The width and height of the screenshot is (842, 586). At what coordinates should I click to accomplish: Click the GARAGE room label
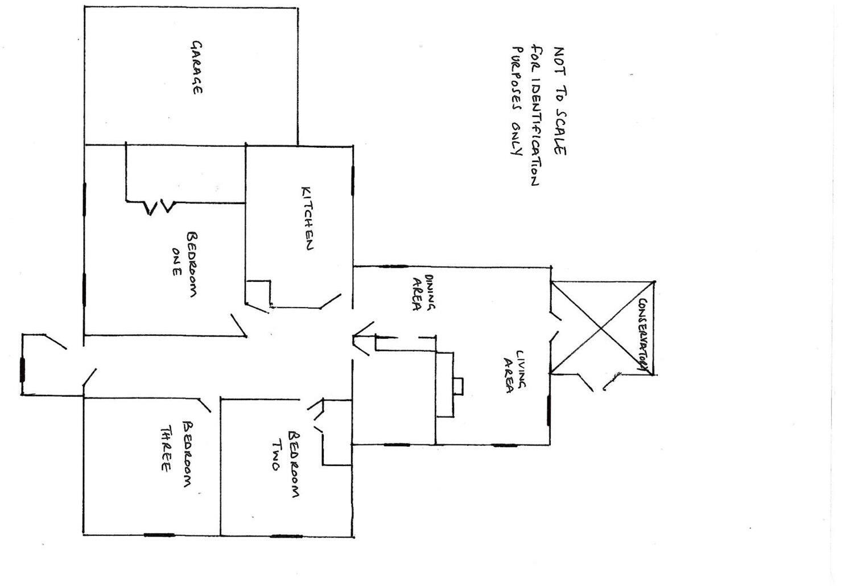[x=197, y=68]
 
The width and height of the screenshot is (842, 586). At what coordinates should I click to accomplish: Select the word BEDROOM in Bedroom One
[x=192, y=264]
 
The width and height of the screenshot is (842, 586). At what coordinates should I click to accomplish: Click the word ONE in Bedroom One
[x=177, y=261]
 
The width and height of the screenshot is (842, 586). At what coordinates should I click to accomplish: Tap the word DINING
[x=430, y=292]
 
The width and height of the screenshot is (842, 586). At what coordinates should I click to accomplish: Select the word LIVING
[x=521, y=369]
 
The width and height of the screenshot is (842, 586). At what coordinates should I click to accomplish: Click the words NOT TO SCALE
[x=560, y=101]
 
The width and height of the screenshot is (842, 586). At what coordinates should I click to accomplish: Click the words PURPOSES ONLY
[x=517, y=101]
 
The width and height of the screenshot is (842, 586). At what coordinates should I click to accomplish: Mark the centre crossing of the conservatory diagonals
[x=601, y=329]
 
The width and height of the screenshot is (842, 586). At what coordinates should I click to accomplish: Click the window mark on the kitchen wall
[x=353, y=181]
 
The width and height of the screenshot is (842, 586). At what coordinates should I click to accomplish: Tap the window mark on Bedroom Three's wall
[x=159, y=534]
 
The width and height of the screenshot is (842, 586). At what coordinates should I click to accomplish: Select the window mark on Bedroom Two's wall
[x=286, y=536]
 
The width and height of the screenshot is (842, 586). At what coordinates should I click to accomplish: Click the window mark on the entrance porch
[x=22, y=370]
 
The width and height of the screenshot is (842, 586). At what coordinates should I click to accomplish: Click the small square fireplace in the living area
[x=458, y=386]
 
